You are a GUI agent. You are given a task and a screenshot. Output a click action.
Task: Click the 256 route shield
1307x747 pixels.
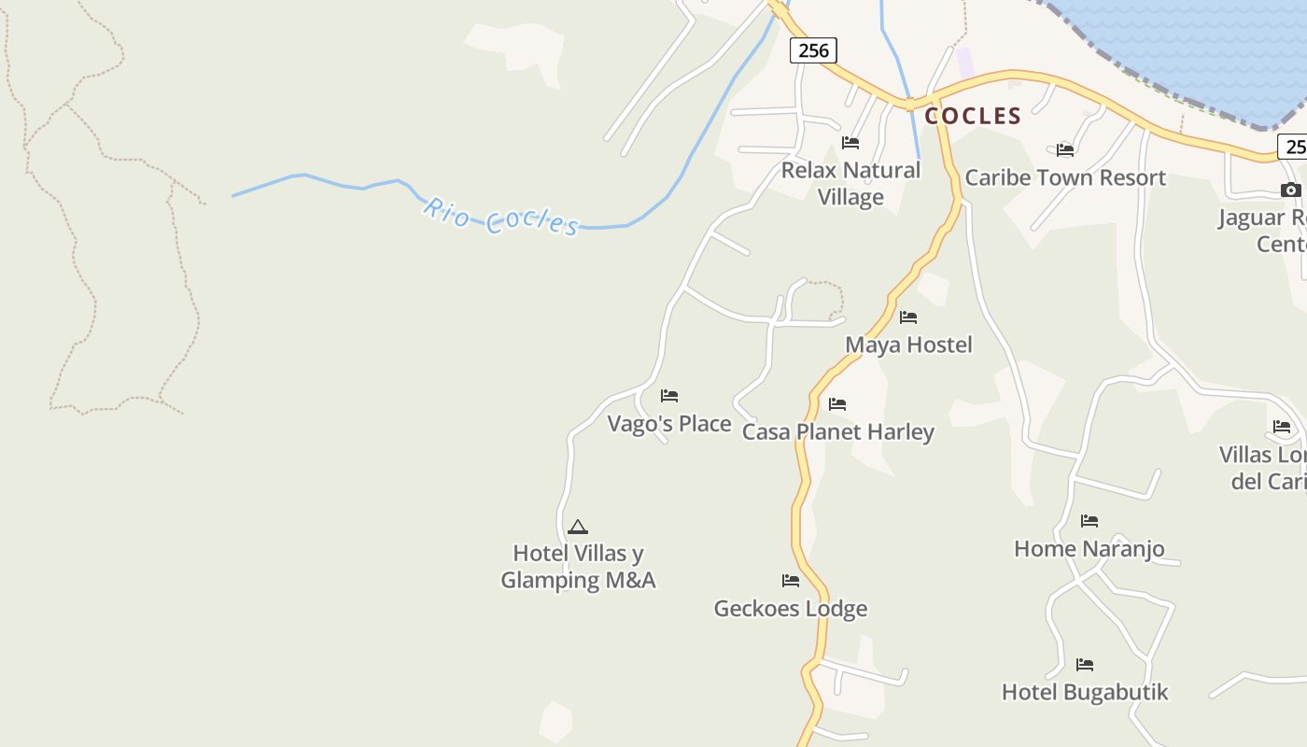click(x=813, y=50)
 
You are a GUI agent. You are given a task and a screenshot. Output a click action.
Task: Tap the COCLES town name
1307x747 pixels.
click(x=973, y=116)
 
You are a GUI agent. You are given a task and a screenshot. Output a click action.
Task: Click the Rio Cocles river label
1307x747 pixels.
click(x=500, y=217)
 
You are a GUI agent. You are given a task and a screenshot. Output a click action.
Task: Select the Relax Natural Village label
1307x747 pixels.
click(x=850, y=183)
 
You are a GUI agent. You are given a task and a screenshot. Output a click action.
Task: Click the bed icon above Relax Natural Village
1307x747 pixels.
click(x=850, y=143)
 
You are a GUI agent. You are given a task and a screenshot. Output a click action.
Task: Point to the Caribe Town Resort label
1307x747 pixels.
click(x=1065, y=177)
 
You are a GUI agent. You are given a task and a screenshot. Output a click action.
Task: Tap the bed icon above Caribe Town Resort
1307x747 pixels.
click(x=1065, y=149)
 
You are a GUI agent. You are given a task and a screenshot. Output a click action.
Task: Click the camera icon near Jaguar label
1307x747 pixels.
click(x=1290, y=190)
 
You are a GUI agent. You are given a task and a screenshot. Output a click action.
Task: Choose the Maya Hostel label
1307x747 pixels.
click(x=908, y=345)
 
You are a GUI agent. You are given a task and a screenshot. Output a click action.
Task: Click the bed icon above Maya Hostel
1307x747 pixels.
click(x=908, y=317)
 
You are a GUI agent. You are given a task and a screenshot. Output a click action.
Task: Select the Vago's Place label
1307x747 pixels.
click(x=669, y=424)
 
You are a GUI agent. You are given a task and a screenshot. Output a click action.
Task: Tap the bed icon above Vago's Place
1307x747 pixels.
click(x=669, y=396)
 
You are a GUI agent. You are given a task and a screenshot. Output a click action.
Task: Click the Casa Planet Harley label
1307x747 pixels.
click(x=837, y=432)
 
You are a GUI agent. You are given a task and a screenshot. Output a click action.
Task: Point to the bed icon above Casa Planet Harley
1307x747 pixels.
click(x=837, y=404)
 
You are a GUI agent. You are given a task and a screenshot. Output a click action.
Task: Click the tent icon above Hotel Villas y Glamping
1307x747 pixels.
click(x=578, y=527)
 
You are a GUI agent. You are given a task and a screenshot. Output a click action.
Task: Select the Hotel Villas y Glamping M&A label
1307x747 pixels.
click(x=578, y=567)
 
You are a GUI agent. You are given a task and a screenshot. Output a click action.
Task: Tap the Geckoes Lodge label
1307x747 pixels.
click(x=791, y=609)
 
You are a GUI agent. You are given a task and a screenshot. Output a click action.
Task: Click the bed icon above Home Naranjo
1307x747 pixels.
click(x=1089, y=521)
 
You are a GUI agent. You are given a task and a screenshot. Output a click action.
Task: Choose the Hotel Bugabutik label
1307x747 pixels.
click(x=1085, y=692)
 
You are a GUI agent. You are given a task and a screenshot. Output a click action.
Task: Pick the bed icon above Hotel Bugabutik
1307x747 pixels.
click(x=1085, y=665)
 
